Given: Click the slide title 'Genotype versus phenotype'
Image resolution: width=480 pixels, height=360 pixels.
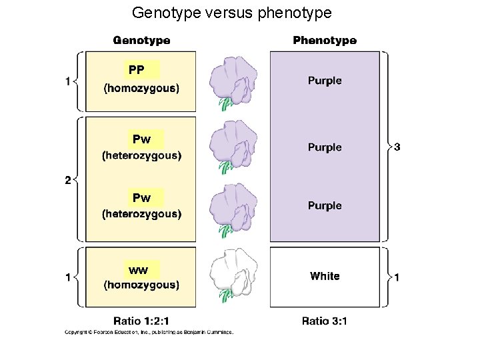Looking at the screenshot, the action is (231, 13).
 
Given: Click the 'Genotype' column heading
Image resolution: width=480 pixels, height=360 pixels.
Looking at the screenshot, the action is (141, 41).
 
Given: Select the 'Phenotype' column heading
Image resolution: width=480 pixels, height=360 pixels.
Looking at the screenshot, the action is (325, 41).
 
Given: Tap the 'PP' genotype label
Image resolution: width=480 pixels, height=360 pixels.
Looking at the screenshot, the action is (137, 69).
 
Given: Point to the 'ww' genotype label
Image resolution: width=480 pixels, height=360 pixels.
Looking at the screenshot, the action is (139, 270).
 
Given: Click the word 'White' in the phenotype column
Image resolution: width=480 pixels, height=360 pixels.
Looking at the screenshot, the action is (325, 276).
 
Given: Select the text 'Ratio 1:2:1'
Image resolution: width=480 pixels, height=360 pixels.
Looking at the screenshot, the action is (141, 321).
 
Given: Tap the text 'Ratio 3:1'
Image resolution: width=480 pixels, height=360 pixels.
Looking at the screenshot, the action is (325, 321).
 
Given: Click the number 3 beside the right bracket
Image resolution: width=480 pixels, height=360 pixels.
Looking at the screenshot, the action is (397, 147).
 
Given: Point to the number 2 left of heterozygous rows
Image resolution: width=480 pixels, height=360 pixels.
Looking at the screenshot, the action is (68, 179).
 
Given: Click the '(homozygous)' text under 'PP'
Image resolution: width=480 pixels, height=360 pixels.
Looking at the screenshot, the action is (141, 87).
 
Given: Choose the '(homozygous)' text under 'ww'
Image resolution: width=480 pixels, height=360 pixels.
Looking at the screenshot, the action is (141, 285).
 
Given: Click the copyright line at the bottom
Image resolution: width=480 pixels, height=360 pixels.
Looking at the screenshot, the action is (148, 333).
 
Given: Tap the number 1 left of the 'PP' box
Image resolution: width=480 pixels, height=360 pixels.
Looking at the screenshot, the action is (68, 81).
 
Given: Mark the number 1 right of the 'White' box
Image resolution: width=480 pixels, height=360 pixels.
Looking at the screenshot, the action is (397, 277).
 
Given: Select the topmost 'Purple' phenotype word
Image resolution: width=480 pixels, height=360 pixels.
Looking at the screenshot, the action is (325, 81).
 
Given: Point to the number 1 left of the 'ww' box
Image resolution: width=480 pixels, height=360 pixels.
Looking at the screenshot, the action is (68, 277).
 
